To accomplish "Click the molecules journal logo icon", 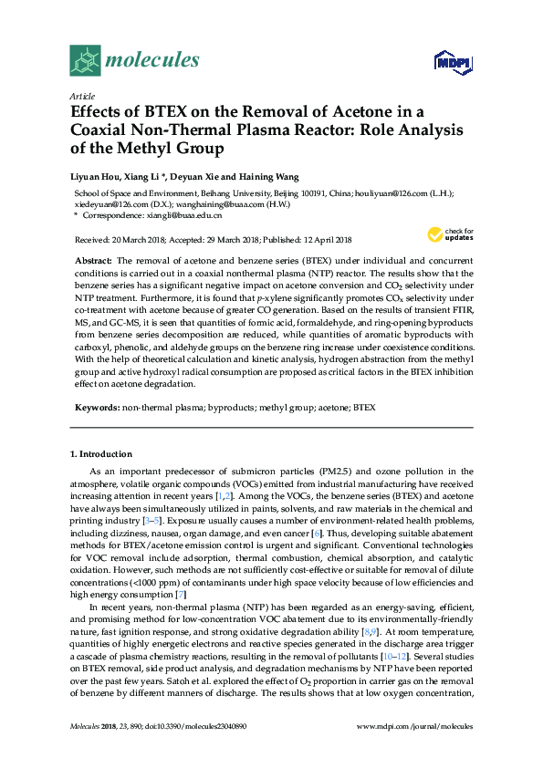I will tap(85, 60).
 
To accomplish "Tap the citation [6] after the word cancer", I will tap(317, 532).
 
